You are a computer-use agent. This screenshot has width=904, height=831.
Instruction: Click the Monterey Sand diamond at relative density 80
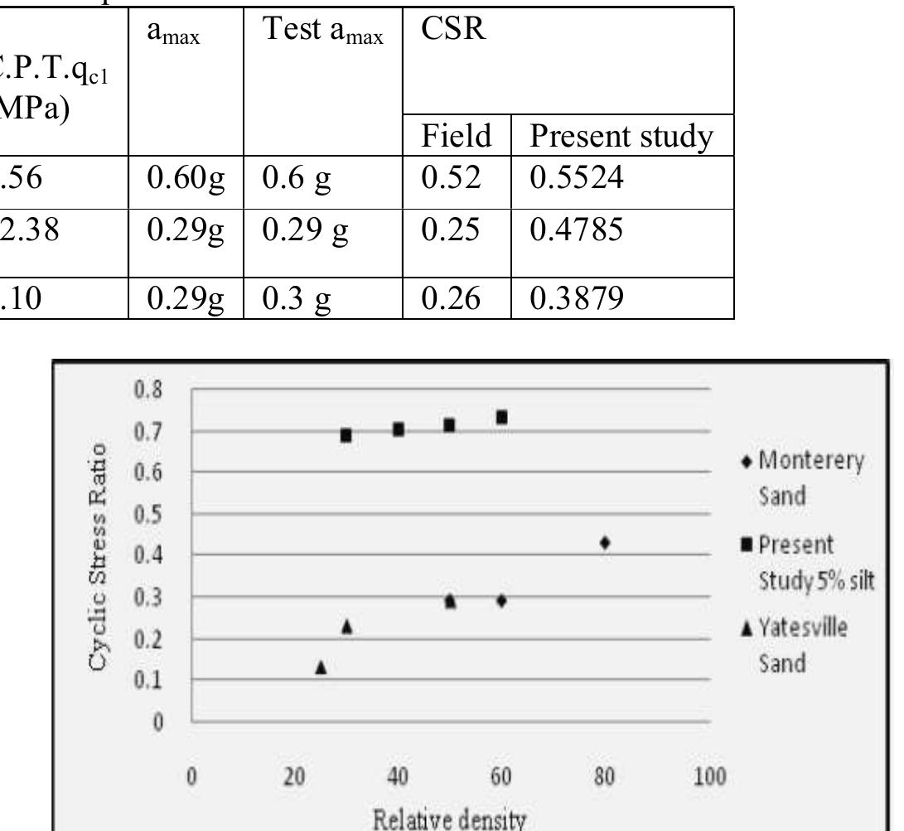(605, 543)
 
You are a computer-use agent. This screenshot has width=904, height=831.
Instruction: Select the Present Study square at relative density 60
(501, 418)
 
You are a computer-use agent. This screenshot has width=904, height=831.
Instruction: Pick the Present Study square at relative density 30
(346, 435)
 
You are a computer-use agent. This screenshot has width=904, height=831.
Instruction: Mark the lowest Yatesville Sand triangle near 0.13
(321, 667)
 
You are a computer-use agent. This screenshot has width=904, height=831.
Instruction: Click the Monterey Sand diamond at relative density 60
(501, 600)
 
